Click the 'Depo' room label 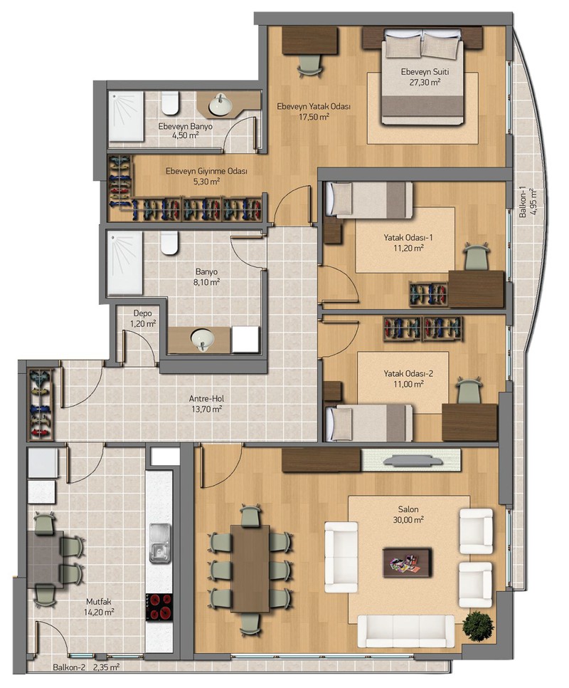143,313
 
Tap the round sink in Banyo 203,339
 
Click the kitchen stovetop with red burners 159,608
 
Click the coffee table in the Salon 408,562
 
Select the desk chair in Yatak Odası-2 469,390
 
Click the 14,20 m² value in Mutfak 100,613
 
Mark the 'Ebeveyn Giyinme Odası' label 206,171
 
